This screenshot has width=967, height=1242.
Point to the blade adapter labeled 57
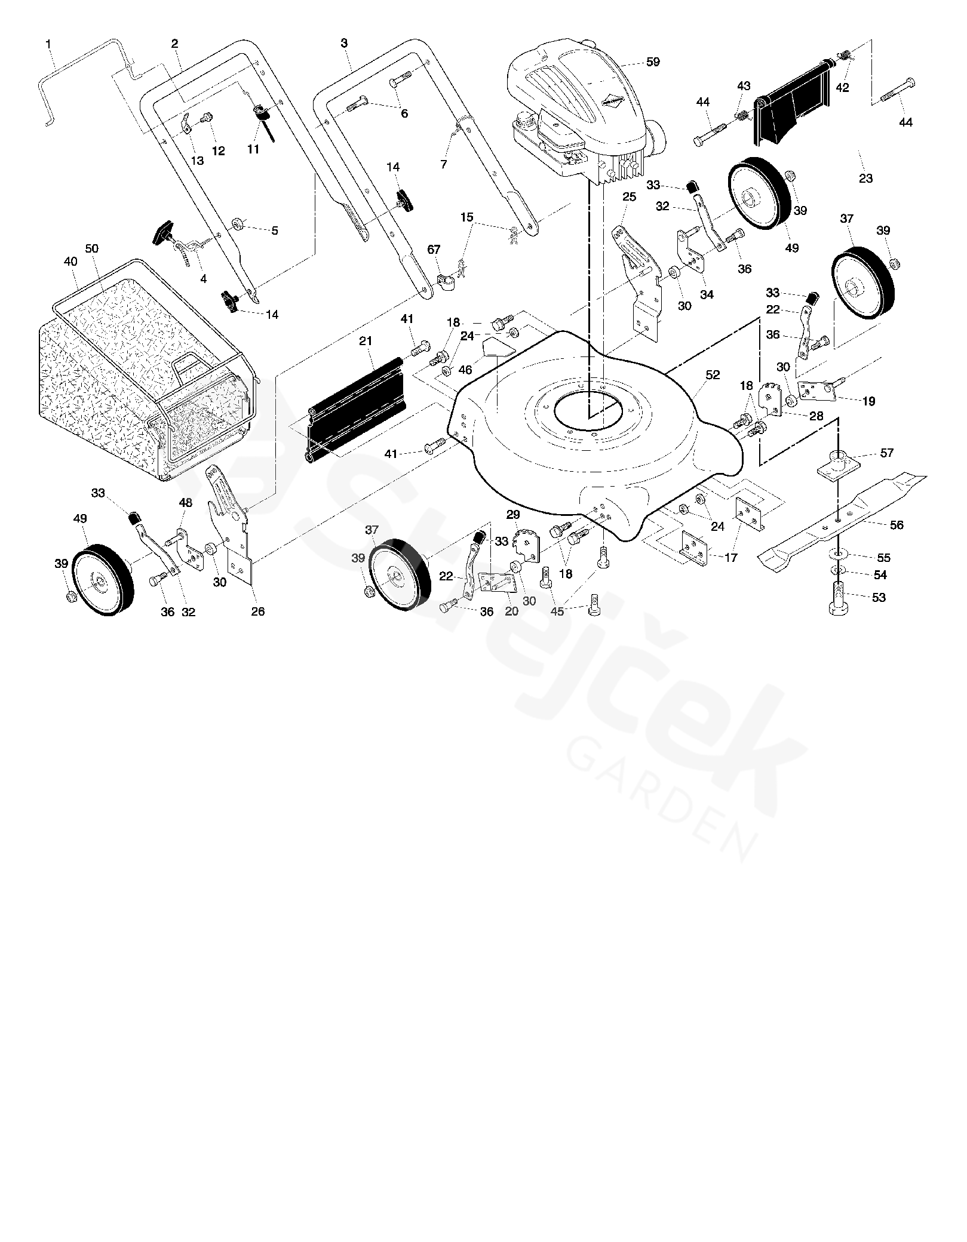(839, 463)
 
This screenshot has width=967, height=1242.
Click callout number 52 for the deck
(713, 375)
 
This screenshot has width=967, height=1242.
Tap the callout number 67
(434, 250)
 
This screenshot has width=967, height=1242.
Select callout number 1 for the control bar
(48, 44)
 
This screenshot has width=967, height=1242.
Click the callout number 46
(465, 370)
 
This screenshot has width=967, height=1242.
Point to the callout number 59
(653, 62)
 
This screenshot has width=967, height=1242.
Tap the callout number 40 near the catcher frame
(70, 262)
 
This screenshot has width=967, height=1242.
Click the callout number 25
(629, 197)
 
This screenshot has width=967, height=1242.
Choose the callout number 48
(186, 503)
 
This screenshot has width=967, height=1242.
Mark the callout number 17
(730, 558)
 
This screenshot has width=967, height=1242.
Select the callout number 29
(513, 514)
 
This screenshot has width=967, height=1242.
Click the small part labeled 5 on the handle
(237, 224)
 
